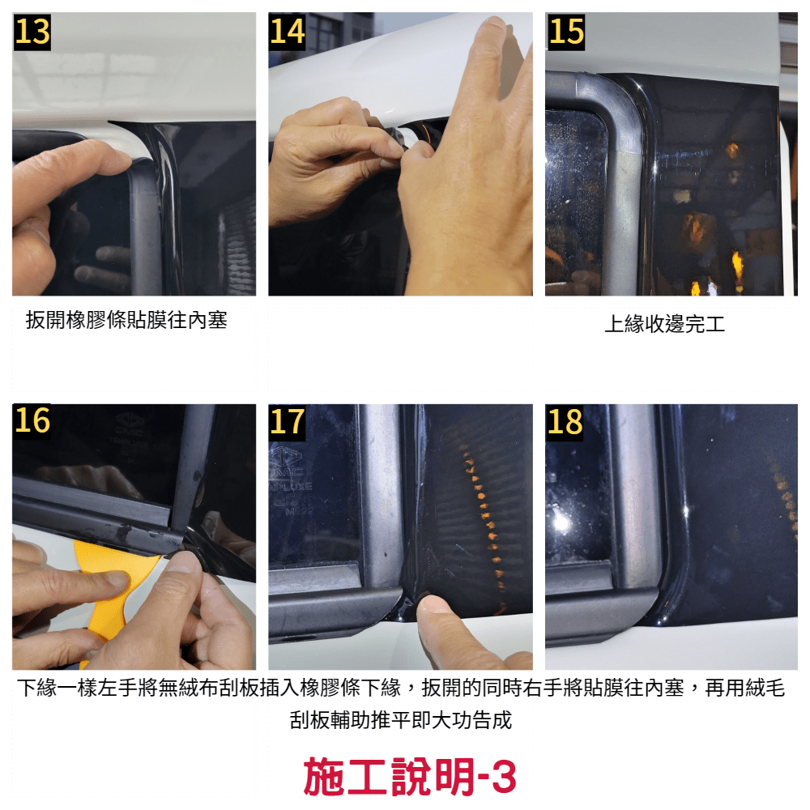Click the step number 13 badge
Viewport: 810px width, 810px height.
click(x=32, y=32)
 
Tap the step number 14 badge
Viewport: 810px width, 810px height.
click(x=288, y=32)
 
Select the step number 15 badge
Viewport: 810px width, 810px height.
click(x=565, y=32)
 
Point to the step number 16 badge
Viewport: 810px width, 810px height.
click(x=32, y=420)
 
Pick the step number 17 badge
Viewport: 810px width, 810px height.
click(x=288, y=421)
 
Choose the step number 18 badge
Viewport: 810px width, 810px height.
click(x=565, y=421)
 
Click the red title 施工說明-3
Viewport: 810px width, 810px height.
click(x=410, y=776)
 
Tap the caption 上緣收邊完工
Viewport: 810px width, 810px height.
click(x=665, y=324)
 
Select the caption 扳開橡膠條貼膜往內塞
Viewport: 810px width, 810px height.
click(x=126, y=320)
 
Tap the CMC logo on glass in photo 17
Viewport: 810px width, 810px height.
click(x=285, y=460)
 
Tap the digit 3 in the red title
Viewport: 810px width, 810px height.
click(x=504, y=777)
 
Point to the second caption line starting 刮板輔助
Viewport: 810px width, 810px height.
click(x=401, y=720)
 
